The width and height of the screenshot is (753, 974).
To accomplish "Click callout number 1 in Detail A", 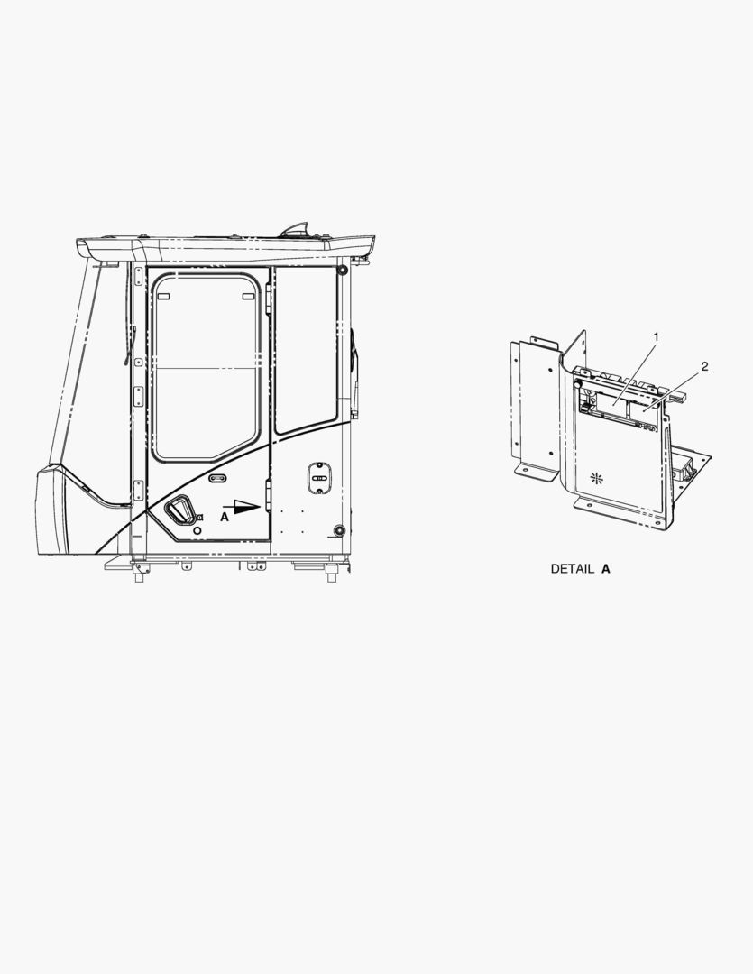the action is [656, 336].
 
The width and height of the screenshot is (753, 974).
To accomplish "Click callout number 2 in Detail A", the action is [704, 366].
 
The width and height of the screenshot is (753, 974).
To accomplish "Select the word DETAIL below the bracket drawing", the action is [573, 568].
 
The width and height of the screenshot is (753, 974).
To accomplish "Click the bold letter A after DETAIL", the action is [606, 568].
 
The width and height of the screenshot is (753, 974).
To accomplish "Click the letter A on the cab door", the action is [225, 517].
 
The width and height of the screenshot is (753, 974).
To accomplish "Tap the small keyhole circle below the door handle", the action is [197, 530].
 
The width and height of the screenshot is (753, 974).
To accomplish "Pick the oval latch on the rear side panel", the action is [318, 478].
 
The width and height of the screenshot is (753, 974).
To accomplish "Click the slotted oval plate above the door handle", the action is [217, 478].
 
